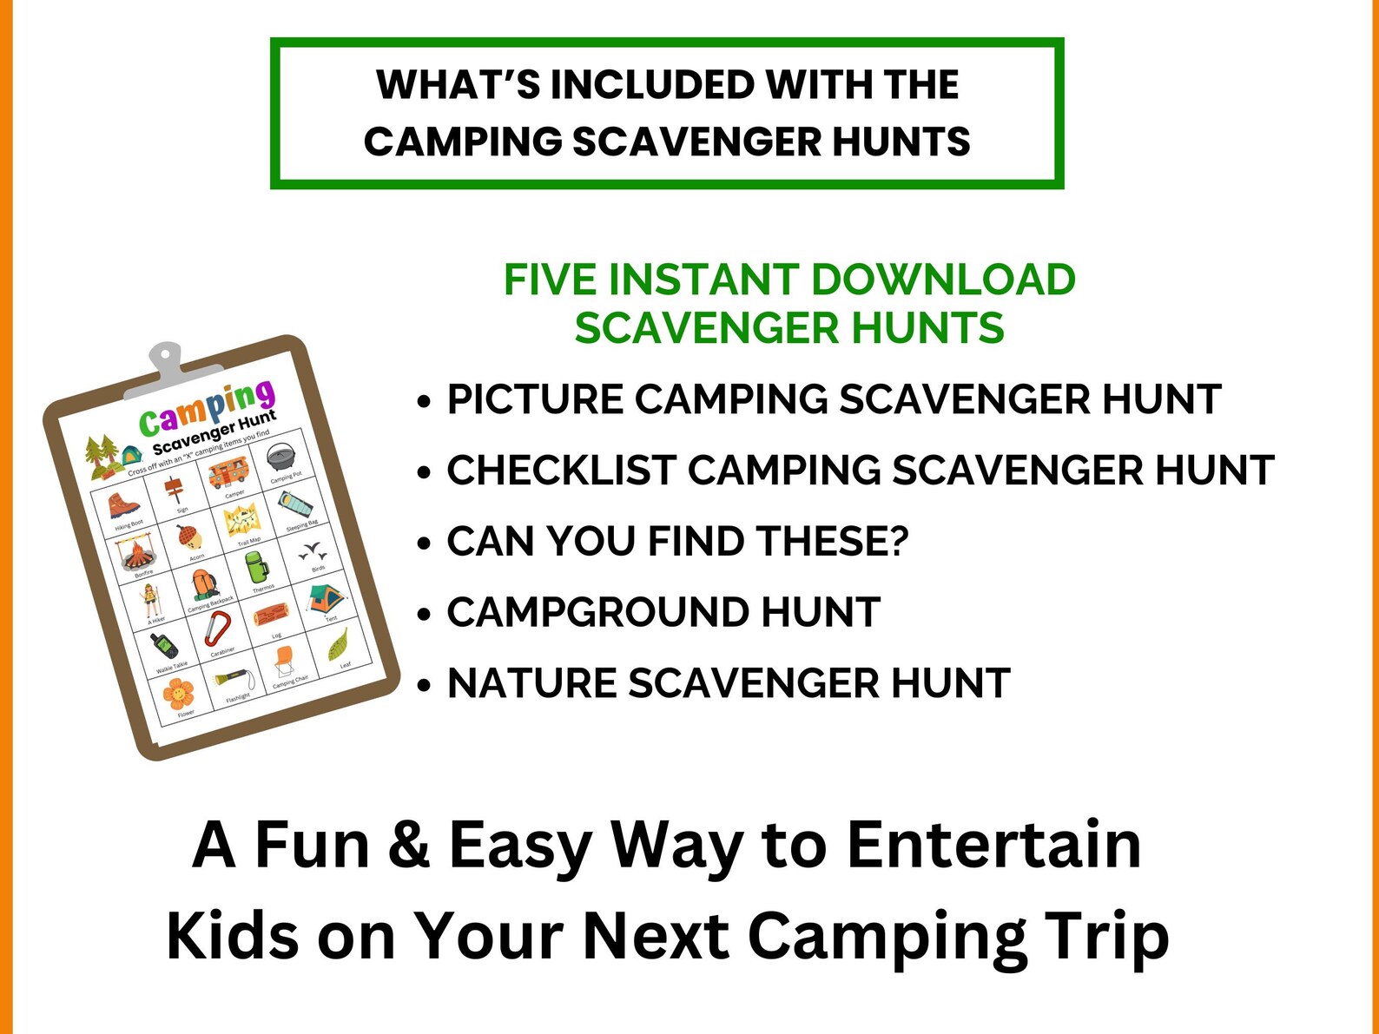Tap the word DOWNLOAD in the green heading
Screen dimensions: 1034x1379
(x=943, y=280)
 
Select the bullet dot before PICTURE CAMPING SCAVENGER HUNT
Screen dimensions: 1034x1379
(x=424, y=402)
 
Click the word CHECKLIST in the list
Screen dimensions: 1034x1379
(x=561, y=471)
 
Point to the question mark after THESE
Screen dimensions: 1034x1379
(x=897, y=542)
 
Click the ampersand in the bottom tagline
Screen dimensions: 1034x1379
(x=408, y=845)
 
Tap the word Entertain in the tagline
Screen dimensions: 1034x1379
(x=993, y=845)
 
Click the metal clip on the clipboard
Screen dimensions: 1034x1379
(x=165, y=362)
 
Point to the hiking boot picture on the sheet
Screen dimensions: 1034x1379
(x=123, y=505)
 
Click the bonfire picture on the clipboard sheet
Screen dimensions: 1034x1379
(x=135, y=554)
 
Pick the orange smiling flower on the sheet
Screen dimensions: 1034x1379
(x=177, y=693)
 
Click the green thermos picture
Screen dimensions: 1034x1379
(x=256, y=568)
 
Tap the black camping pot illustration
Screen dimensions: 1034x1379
(x=281, y=457)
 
